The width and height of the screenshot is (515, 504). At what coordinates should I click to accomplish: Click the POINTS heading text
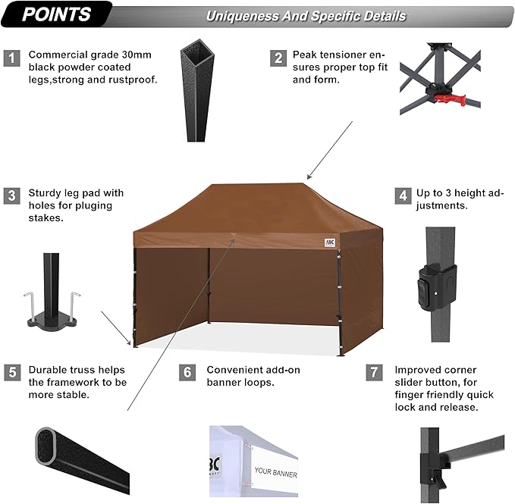point(56,14)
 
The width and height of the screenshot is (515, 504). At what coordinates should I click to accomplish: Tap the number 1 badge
point(11,57)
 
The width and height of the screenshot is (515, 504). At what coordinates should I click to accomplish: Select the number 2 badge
point(279,57)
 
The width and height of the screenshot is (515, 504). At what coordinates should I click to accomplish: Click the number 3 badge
point(11,196)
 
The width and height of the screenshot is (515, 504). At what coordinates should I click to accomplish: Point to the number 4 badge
point(402,196)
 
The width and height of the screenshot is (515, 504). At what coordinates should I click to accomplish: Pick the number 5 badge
point(11,372)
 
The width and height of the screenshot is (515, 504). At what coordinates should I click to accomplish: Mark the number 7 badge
point(373,372)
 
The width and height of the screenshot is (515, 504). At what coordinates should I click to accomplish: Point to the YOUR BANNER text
point(275,474)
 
